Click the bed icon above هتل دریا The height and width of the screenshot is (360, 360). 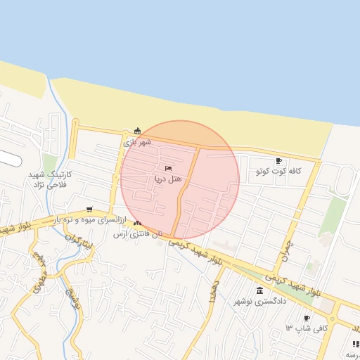(x=168, y=169)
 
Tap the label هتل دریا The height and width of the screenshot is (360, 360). (x=169, y=179)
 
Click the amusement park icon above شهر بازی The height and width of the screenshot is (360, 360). (x=137, y=130)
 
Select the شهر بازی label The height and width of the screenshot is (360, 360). (x=137, y=141)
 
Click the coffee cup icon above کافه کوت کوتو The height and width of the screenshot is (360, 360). (x=278, y=160)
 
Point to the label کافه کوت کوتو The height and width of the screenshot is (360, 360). (x=278, y=171)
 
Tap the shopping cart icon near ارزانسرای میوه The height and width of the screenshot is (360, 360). (x=89, y=209)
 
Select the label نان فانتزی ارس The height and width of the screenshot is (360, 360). (x=139, y=233)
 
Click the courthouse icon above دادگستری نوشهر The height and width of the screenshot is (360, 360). (x=260, y=290)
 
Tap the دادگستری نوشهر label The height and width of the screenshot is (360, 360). (x=260, y=301)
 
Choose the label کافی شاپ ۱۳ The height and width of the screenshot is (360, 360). (x=299, y=329)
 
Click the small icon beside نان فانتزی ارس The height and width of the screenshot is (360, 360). (x=137, y=224)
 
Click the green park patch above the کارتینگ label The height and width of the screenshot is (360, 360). (x=49, y=162)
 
